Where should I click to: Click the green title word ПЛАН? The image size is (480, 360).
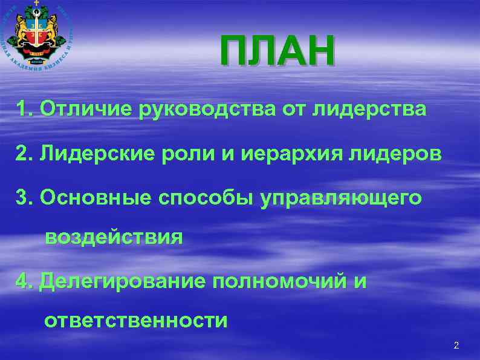coord(276,52)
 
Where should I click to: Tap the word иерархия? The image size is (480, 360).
coord(277,155)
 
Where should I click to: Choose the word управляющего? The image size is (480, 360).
coord(341,199)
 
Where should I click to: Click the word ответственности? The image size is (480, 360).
coord(135,320)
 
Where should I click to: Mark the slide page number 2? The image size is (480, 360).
coord(456,345)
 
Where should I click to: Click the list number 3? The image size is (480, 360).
coord(24,198)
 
